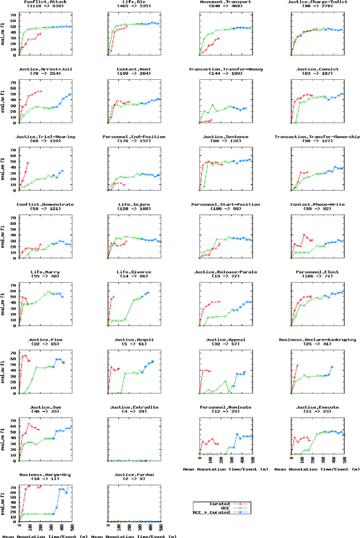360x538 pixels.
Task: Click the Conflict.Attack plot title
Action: [x=44, y=3]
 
